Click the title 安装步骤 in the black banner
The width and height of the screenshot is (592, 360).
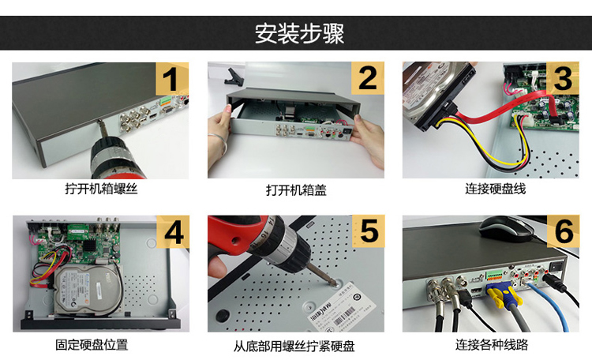(299, 33)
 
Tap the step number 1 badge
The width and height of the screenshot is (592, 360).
(172, 79)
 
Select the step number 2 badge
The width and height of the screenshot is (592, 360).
(368, 78)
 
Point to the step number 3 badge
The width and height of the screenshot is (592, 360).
(563, 78)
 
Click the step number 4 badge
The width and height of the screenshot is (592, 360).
(173, 232)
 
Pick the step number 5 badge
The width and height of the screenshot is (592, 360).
(368, 231)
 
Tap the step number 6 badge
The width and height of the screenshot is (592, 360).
(563, 231)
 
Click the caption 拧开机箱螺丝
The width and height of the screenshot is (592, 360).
(101, 189)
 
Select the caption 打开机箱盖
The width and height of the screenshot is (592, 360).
(296, 189)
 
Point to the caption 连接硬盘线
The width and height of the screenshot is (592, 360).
(496, 189)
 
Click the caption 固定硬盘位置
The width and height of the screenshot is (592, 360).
(92, 344)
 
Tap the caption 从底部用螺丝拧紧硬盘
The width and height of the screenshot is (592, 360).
(294, 346)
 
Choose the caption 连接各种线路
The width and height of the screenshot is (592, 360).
(492, 344)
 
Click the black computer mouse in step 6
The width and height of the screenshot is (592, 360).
(506, 228)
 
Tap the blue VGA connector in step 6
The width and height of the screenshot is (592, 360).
(504, 294)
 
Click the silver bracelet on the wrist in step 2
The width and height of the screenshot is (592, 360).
(219, 141)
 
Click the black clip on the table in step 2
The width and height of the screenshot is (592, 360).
(234, 77)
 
